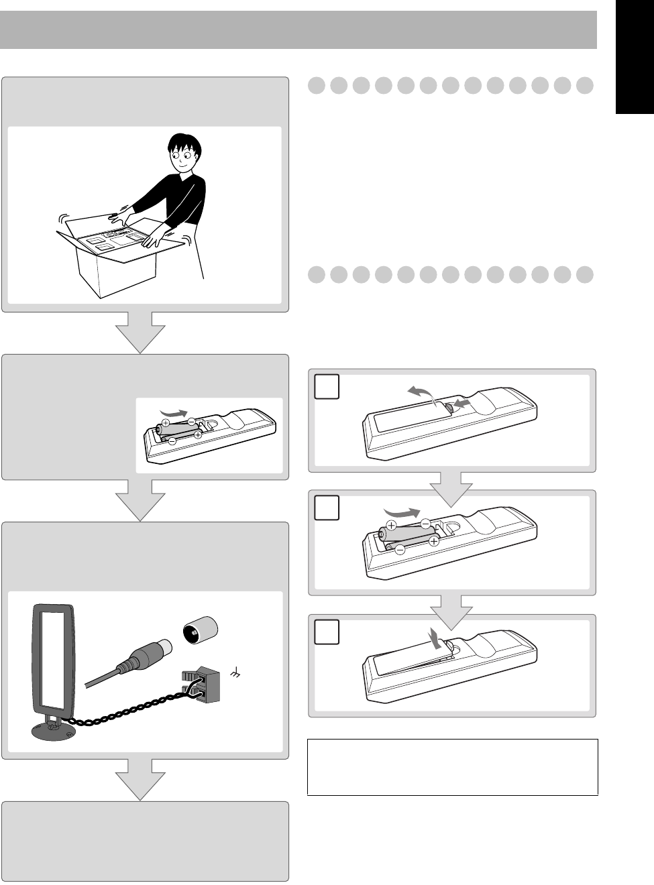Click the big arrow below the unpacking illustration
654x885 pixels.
tap(140, 333)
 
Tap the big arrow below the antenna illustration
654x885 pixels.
tap(140, 780)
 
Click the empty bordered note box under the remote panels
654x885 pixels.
tap(452, 767)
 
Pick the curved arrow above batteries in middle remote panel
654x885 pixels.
tap(402, 512)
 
